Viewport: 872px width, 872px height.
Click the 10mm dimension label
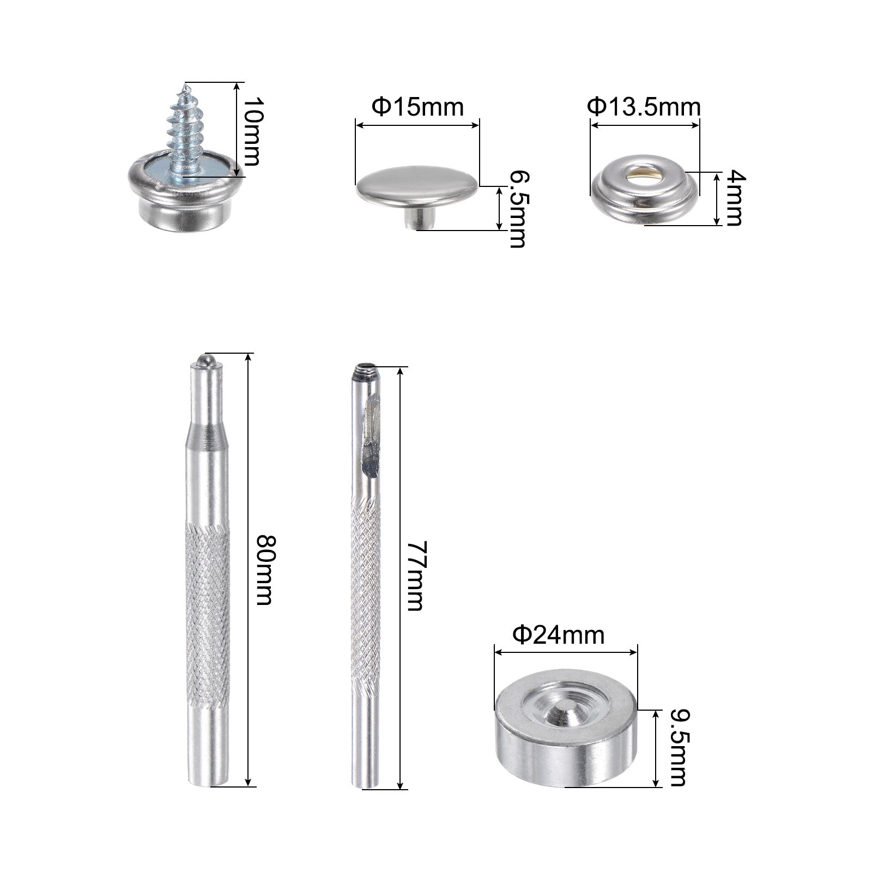(x=252, y=132)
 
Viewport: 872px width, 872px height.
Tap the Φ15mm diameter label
(x=417, y=107)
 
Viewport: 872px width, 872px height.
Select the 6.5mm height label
(x=517, y=209)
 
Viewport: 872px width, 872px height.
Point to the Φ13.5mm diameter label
(x=644, y=107)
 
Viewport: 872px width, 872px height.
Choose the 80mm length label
(x=265, y=570)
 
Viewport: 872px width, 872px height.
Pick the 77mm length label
(x=415, y=576)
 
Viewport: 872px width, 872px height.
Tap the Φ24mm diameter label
(x=559, y=635)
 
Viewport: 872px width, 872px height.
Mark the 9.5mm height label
(x=677, y=748)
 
